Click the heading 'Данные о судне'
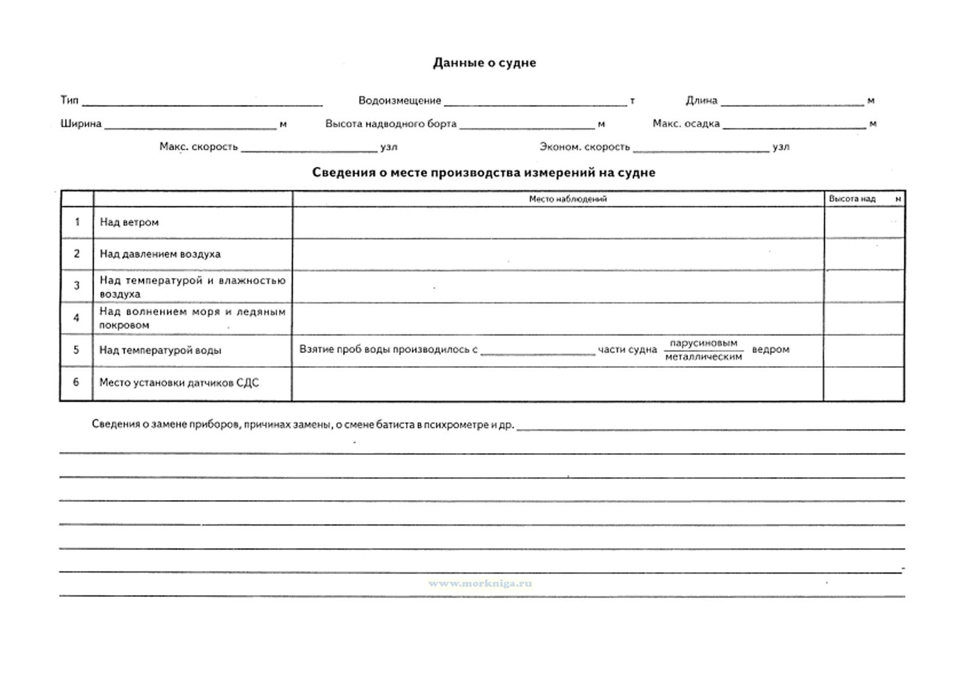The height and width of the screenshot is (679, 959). (484, 63)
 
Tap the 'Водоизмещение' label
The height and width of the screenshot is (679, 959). (399, 101)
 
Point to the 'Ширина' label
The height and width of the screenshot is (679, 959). (81, 124)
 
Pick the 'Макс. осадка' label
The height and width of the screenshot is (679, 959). (686, 124)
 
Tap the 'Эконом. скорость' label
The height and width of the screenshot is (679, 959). (584, 147)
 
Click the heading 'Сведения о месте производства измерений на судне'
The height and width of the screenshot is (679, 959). (483, 173)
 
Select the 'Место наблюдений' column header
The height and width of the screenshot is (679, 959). (567, 199)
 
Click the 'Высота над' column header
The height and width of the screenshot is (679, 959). (852, 199)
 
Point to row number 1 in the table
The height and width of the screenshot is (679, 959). (77, 222)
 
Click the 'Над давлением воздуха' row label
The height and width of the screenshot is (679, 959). (160, 254)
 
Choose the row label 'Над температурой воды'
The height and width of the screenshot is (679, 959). (160, 350)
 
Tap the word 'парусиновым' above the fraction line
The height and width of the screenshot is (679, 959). (703, 343)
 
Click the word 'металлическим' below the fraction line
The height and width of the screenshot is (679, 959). (703, 357)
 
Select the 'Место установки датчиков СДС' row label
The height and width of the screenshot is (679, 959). (179, 383)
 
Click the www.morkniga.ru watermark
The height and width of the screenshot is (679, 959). (480, 583)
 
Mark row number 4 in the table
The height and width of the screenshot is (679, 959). (77, 318)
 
